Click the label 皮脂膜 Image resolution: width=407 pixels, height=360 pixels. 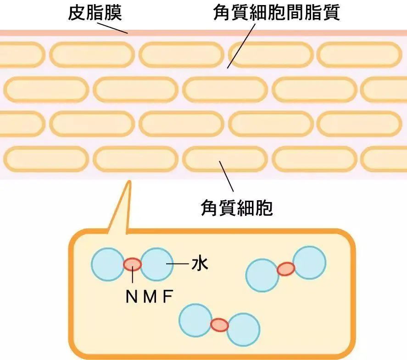(95, 12)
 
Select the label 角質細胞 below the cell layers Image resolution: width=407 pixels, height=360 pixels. (237, 208)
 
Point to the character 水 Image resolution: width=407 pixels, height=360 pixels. (200, 264)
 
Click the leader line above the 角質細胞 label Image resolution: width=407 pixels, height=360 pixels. (226, 176)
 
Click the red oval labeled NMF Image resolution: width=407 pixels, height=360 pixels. (133, 264)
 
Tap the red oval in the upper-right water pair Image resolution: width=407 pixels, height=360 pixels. (285, 269)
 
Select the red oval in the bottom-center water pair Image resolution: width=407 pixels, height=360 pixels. (219, 325)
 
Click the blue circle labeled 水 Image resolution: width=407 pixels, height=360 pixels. (156, 264)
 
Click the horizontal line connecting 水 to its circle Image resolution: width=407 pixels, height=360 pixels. (178, 264)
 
